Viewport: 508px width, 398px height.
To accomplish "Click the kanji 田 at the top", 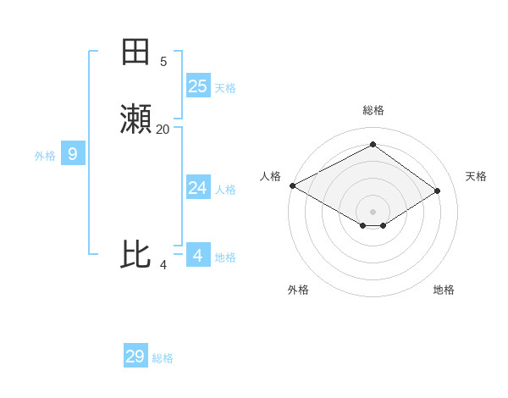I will coord(136,53).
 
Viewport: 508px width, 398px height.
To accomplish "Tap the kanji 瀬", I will coord(136,120).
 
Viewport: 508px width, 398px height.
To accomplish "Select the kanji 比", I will coord(136,254).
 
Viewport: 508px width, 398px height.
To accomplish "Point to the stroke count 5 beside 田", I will coord(163,61).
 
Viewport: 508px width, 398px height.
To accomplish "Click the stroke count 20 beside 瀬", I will coord(163,129).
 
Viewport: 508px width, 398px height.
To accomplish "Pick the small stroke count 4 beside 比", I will coord(163,265).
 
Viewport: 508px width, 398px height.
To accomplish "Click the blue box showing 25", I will coord(198,86).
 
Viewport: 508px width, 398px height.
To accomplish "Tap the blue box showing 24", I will coord(198,187).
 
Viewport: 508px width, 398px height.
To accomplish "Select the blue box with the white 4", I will coord(198,254).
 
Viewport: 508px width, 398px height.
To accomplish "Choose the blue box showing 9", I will coord(73,154).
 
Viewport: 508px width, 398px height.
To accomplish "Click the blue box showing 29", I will coord(135,356).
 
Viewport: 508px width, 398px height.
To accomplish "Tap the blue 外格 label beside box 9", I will coord(45,156).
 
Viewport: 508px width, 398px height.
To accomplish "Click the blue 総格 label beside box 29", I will coord(163,358).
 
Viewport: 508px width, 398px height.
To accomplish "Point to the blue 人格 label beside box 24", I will coord(225,190).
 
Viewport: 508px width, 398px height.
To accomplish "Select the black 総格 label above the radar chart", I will coord(373,110).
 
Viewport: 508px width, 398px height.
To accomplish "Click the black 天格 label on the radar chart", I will coord(476,176).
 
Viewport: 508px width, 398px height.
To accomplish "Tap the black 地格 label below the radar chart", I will coord(444,290).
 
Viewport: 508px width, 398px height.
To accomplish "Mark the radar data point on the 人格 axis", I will coord(292,185).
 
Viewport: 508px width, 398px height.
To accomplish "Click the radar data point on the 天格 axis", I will coord(438,191).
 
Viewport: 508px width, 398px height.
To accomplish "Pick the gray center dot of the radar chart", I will coord(373,211).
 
